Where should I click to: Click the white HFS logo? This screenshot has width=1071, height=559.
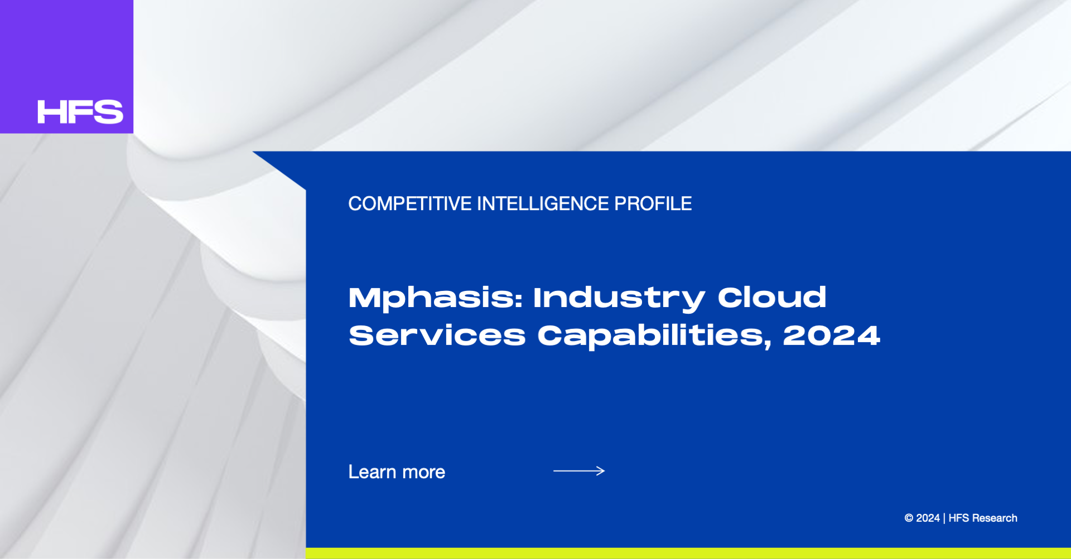[80, 112]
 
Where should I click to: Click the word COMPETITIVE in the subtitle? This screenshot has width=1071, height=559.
[410, 204]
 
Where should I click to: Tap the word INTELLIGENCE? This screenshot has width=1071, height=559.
[543, 204]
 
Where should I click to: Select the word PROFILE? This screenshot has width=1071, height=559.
[653, 204]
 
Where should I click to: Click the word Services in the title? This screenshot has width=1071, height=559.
[437, 336]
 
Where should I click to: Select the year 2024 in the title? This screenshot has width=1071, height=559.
[832, 336]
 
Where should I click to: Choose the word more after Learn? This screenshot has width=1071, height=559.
[424, 474]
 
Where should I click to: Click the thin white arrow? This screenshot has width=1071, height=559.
[579, 471]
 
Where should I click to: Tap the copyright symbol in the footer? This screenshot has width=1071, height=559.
[909, 518]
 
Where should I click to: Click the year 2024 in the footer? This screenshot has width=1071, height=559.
[928, 518]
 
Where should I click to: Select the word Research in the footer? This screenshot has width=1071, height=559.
[995, 518]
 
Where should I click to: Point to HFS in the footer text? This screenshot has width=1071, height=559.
[959, 518]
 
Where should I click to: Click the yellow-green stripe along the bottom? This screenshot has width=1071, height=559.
[688, 553]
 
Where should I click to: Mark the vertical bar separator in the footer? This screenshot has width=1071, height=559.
[944, 518]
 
